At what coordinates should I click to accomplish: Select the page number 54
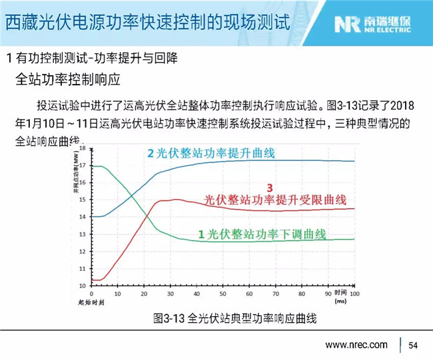pos(413,345)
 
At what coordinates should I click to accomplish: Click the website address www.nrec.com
pos(356,345)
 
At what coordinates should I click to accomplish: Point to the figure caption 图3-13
pos(234,318)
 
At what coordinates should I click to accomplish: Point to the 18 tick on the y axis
pos(83,148)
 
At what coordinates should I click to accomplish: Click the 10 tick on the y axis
pos(83,286)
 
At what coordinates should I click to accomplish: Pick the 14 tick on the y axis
pos(83,217)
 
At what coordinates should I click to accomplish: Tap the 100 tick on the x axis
pos(354,293)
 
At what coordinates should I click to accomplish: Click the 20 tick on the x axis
pos(144,293)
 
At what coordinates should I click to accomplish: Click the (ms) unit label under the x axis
pos(341,301)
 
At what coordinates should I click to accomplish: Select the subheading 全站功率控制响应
pos(67,81)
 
